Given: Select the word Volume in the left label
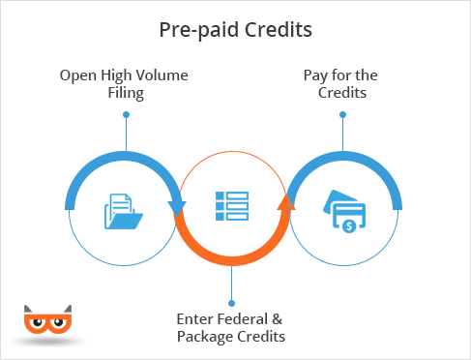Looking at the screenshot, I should [x=162, y=75].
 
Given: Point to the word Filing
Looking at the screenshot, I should [x=126, y=93].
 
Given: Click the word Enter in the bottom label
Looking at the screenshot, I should [x=194, y=318].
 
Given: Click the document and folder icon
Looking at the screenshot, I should [x=124, y=212].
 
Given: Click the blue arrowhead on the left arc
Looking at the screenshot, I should [x=176, y=208].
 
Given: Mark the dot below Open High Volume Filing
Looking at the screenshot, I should [x=126, y=114].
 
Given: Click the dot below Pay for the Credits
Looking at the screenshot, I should [x=342, y=114].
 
